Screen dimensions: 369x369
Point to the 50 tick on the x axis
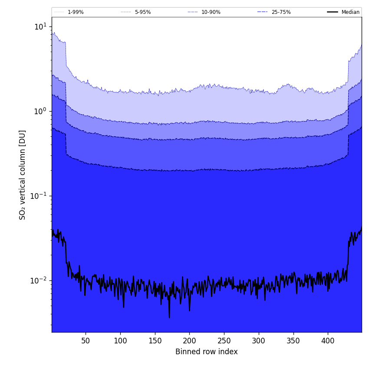coord(86,341)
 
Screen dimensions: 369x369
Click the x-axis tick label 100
coord(120,341)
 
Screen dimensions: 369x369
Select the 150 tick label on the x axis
coord(155,341)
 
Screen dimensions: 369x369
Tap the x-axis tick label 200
coord(189,341)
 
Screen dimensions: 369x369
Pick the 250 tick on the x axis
coord(224,341)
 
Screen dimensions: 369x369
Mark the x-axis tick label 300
coord(259,341)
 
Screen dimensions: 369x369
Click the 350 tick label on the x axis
coord(293,341)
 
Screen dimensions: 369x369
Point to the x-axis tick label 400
coord(328,341)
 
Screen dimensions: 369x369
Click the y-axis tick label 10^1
coord(40,26)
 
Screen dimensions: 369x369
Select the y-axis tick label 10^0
coord(40,111)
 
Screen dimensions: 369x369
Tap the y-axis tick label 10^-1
coord(39,196)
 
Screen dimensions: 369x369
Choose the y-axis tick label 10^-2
coord(39,280)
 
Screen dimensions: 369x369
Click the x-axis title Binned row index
coord(207,352)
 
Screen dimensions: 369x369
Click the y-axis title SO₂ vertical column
coord(23,175)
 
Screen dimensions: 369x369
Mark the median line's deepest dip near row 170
coord(169,317)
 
